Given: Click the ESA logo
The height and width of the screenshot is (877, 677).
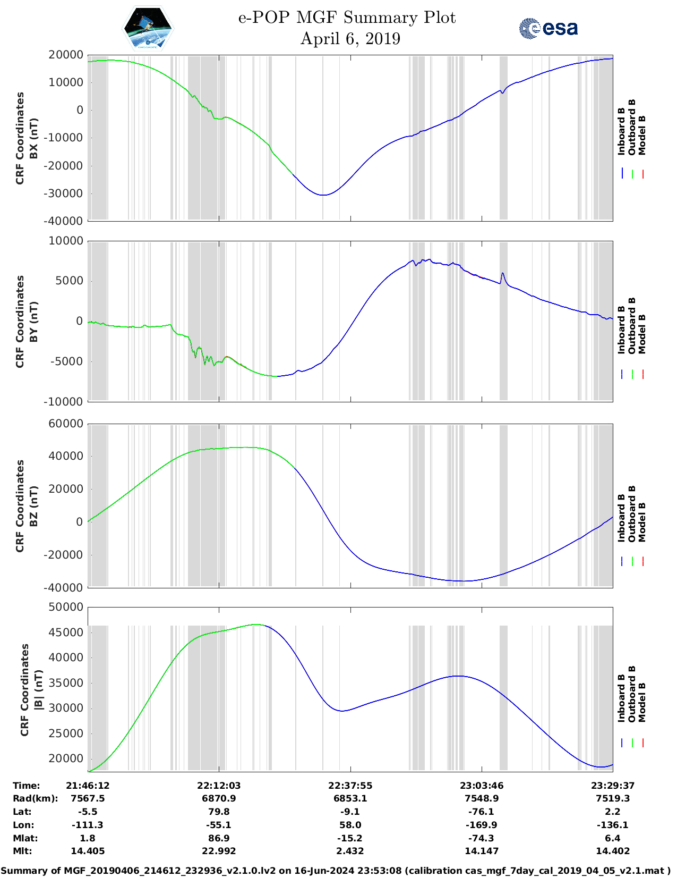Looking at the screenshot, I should (549, 28).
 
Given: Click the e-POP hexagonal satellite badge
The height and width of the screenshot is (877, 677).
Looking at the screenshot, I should (148, 29).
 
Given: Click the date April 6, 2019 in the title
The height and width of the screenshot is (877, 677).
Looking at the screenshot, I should (350, 39).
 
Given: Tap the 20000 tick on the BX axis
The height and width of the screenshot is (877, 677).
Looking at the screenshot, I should (66, 55).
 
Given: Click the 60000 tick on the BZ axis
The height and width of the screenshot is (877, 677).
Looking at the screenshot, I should (66, 424).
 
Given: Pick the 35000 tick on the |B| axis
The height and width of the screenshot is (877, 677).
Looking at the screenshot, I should (66, 683).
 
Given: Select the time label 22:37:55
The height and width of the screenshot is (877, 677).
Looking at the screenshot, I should (350, 786).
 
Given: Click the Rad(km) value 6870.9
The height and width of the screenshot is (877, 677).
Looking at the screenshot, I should (219, 798).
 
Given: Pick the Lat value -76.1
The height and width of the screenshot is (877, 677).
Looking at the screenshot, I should (482, 812).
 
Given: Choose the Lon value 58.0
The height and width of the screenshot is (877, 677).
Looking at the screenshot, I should (350, 825).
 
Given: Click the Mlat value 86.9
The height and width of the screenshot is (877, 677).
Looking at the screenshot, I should (219, 838).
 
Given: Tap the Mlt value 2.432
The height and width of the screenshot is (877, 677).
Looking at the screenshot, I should (350, 851).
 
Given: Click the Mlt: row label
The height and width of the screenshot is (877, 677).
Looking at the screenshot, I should (22, 851).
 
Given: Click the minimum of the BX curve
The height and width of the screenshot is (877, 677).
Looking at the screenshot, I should (323, 195).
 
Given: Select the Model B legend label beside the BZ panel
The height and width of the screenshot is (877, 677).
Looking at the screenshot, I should (642, 522).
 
